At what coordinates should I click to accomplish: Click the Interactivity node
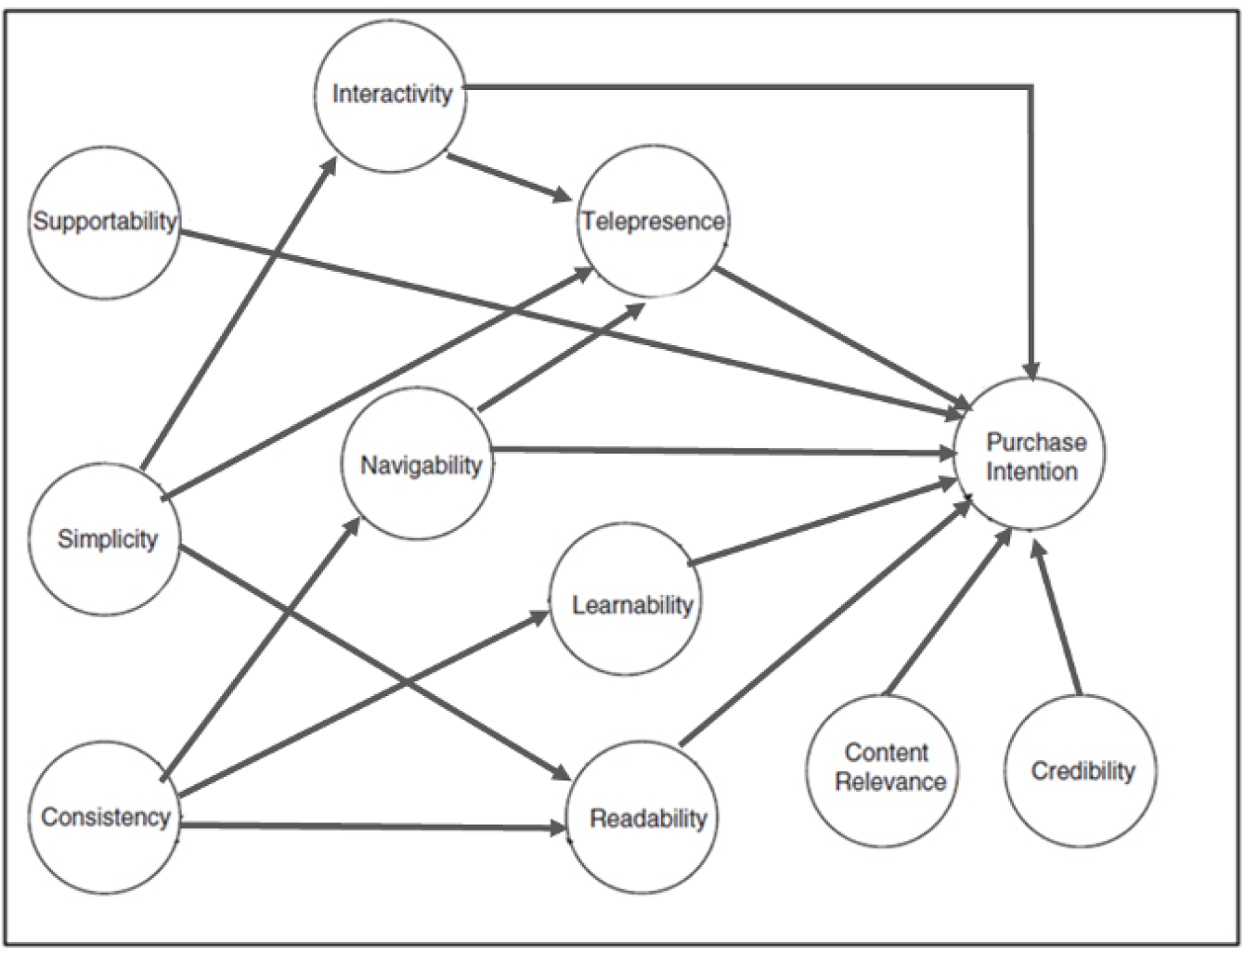(x=391, y=96)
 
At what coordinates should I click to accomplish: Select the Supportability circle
(x=104, y=223)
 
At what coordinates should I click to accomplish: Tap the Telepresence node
(x=653, y=222)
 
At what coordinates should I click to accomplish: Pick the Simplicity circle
(x=106, y=539)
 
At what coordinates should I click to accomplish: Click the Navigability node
(x=420, y=464)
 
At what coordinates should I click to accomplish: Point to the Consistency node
(x=105, y=818)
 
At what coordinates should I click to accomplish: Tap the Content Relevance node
(x=884, y=769)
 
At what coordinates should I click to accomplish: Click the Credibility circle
(x=1082, y=770)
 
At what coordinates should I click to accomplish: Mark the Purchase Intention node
(x=1031, y=455)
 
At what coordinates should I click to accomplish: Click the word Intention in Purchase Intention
(x=1031, y=471)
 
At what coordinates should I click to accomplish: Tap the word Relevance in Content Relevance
(x=889, y=782)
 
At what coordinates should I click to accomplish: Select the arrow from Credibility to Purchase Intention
(x=1058, y=620)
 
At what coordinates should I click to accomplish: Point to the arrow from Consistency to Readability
(x=371, y=825)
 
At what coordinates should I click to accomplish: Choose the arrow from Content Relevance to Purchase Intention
(x=947, y=613)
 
